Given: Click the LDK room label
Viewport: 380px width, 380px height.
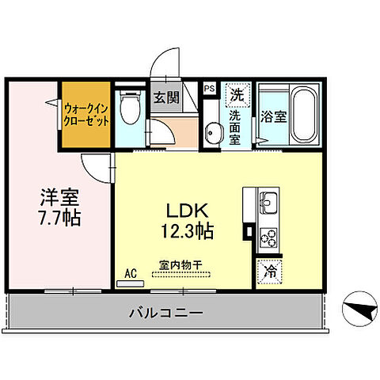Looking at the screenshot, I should click(188, 212).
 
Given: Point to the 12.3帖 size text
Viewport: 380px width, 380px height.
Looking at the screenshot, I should click(188, 232).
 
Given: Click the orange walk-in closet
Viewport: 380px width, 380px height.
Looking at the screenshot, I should click(86, 114).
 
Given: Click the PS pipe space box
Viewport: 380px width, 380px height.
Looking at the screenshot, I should click(210, 89).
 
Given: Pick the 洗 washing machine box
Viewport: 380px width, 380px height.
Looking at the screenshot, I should click(237, 94).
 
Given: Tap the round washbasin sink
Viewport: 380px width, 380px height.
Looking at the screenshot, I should click(212, 132).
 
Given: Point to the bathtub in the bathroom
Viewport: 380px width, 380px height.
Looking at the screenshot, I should click(302, 114).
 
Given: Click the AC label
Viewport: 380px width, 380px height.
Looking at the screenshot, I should click(131, 274).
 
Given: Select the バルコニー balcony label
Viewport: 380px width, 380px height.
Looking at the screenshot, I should click(165, 313).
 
